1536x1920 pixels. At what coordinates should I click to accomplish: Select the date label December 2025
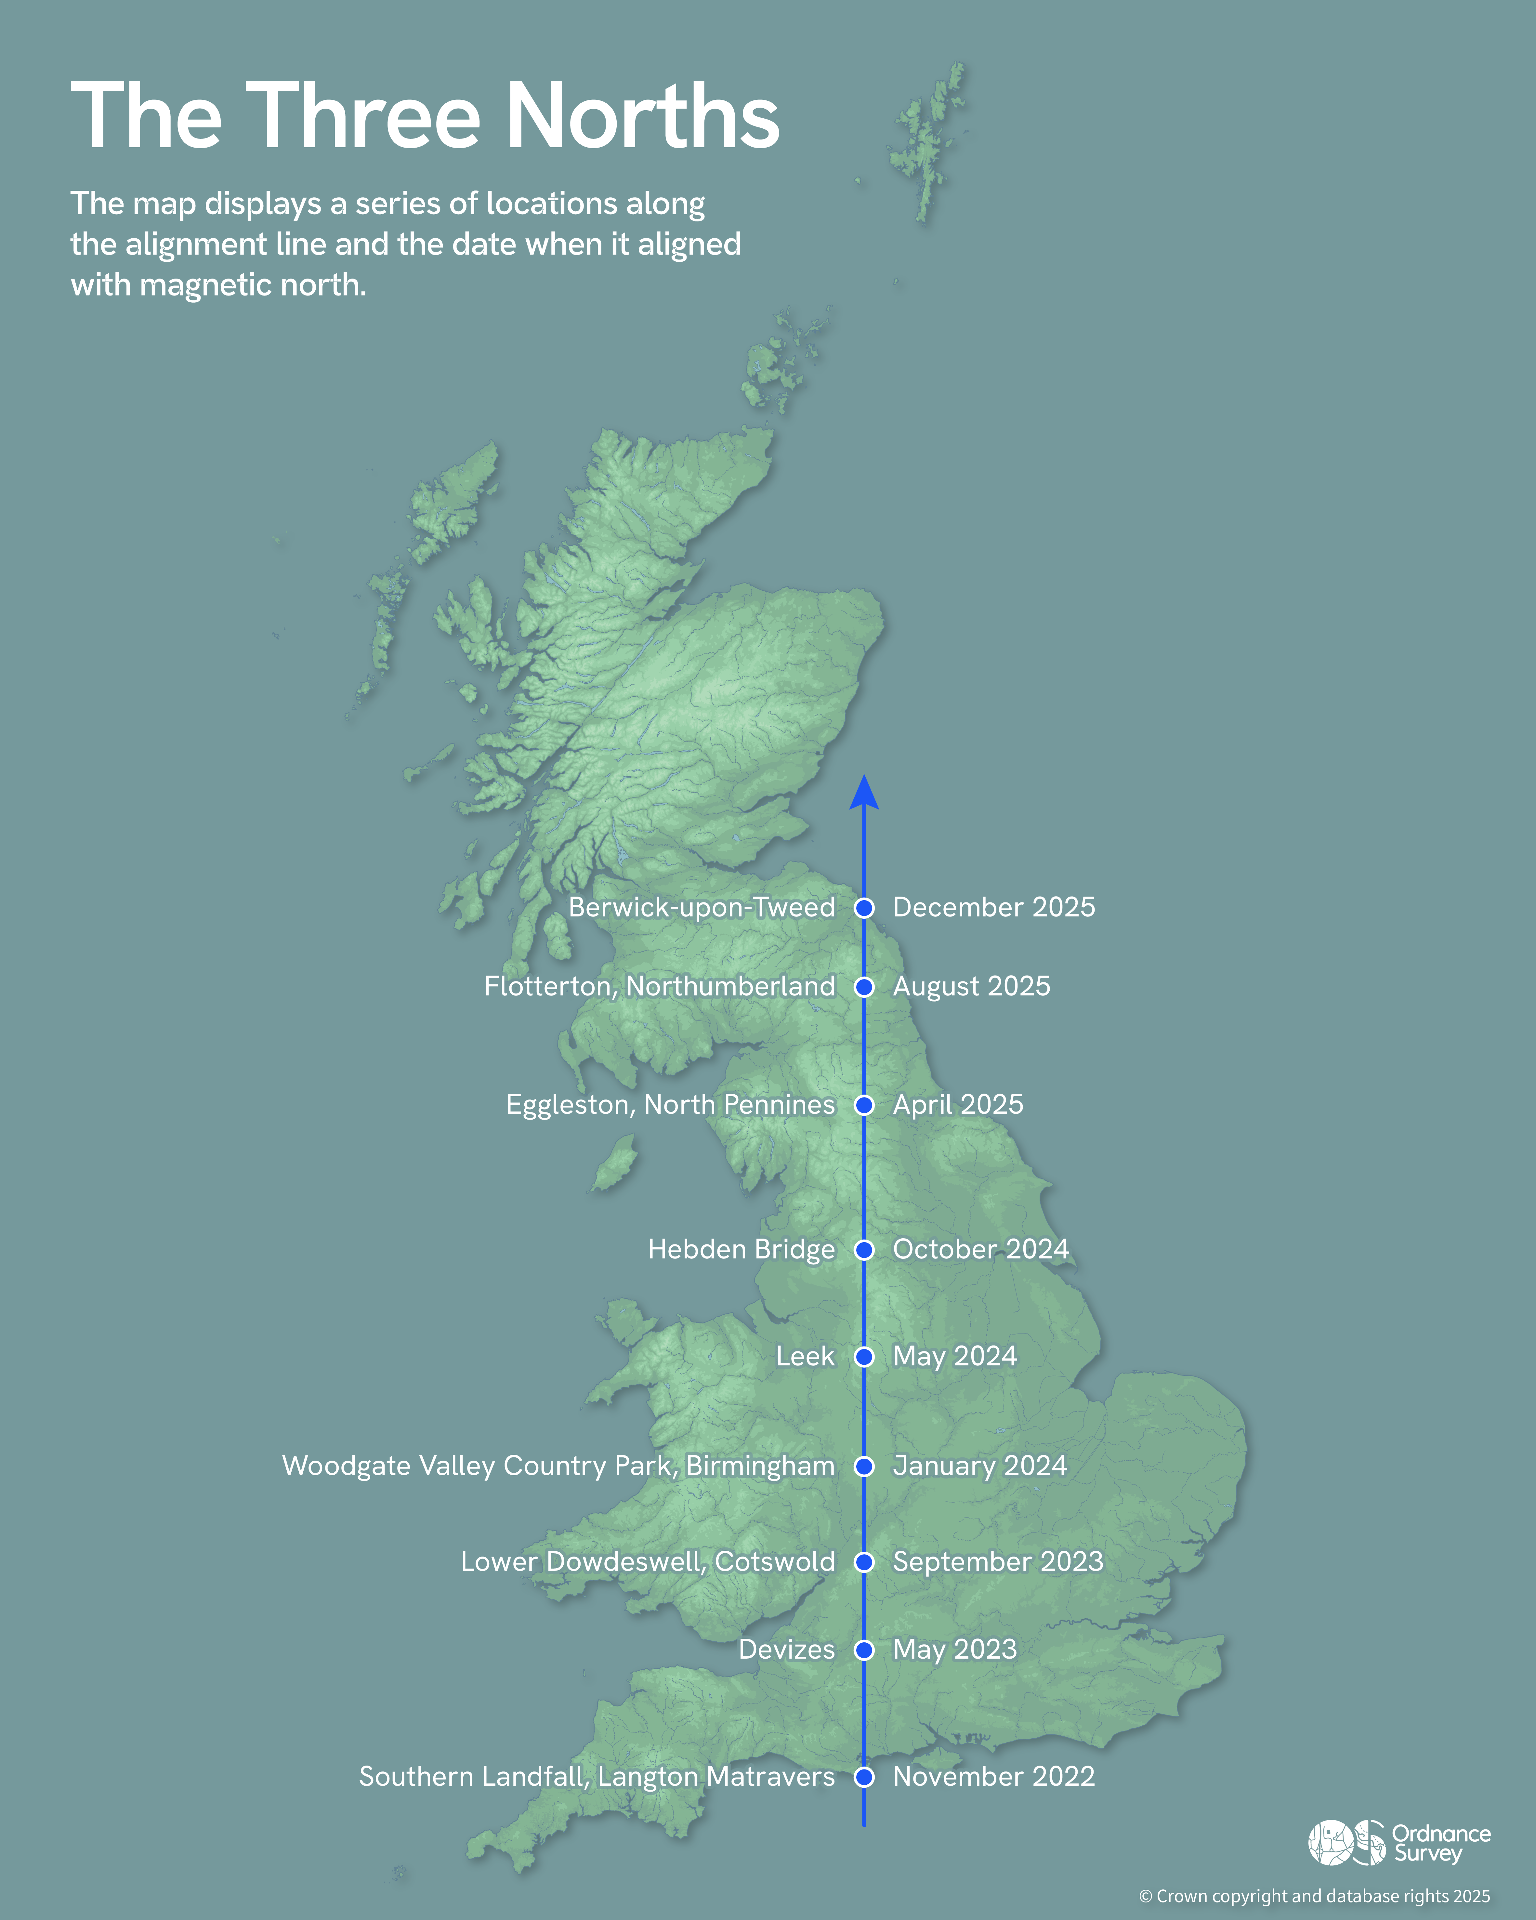[x=994, y=907]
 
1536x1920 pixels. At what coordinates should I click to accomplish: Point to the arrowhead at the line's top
[x=864, y=793]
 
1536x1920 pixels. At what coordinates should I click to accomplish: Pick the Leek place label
[x=805, y=1356]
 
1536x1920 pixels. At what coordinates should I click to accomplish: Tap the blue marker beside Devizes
[x=864, y=1650]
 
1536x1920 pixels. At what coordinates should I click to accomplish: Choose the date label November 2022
[x=994, y=1777]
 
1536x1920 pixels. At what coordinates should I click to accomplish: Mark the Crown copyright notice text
[x=1314, y=1896]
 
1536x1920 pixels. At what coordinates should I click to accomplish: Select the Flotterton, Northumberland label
[x=660, y=987]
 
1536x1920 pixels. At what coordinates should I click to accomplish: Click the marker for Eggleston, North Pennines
[x=864, y=1105]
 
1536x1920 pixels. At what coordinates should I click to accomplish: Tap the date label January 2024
[x=979, y=1466]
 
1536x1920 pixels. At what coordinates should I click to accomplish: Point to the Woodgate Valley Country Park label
[x=558, y=1466]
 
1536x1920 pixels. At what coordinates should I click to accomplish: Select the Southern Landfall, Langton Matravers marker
[x=864, y=1777]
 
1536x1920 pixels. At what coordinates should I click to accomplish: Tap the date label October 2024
[x=980, y=1249]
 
